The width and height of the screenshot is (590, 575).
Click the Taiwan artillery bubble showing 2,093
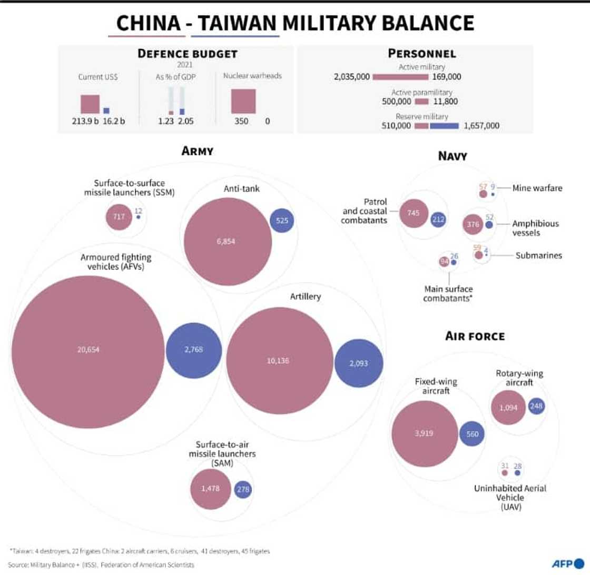click(359, 363)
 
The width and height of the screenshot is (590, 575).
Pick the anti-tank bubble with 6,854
click(229, 241)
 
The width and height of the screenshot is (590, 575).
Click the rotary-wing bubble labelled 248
click(536, 406)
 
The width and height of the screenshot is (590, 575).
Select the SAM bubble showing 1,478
click(210, 489)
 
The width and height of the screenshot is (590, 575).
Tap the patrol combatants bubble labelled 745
click(412, 213)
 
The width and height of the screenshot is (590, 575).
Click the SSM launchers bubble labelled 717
click(119, 216)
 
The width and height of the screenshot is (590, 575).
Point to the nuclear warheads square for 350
click(243, 101)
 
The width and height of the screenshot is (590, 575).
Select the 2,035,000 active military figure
click(351, 77)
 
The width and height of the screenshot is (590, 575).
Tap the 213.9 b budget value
click(85, 121)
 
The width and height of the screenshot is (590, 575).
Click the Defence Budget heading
click(187, 54)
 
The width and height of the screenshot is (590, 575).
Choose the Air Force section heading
click(475, 336)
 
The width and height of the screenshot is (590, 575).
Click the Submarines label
click(538, 255)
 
